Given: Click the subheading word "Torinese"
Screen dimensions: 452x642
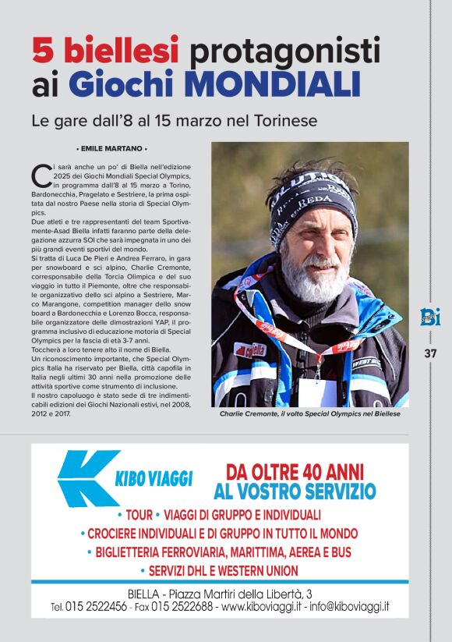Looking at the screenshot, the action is (286, 122).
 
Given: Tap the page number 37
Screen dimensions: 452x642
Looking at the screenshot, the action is (430, 353).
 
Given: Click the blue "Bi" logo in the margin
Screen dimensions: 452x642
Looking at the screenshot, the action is (429, 317).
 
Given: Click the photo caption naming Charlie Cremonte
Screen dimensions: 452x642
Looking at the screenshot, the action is (309, 414).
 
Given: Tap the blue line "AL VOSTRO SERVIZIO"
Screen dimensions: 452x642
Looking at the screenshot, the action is (295, 491).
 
